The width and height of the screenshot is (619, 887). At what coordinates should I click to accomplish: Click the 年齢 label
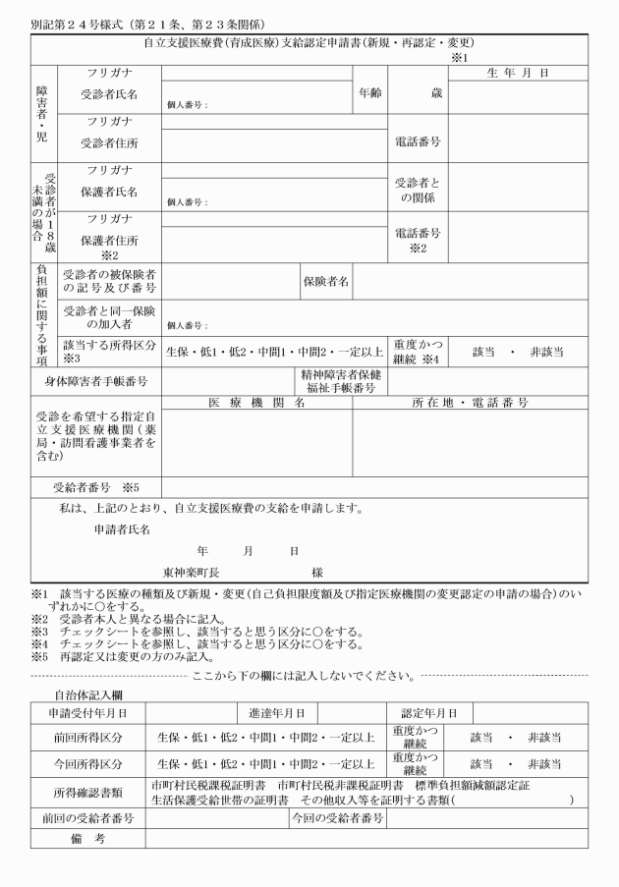369,93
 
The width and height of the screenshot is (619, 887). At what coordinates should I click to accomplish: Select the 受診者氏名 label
109,93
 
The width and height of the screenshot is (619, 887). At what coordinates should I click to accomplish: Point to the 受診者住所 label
109,141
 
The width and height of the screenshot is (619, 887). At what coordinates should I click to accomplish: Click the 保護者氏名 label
109,192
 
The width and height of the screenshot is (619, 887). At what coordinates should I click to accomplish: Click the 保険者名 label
325,282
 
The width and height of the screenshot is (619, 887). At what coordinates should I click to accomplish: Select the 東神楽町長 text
191,572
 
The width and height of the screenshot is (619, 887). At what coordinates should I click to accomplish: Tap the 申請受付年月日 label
87,712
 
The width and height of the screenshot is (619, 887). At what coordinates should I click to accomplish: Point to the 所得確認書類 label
87,792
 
